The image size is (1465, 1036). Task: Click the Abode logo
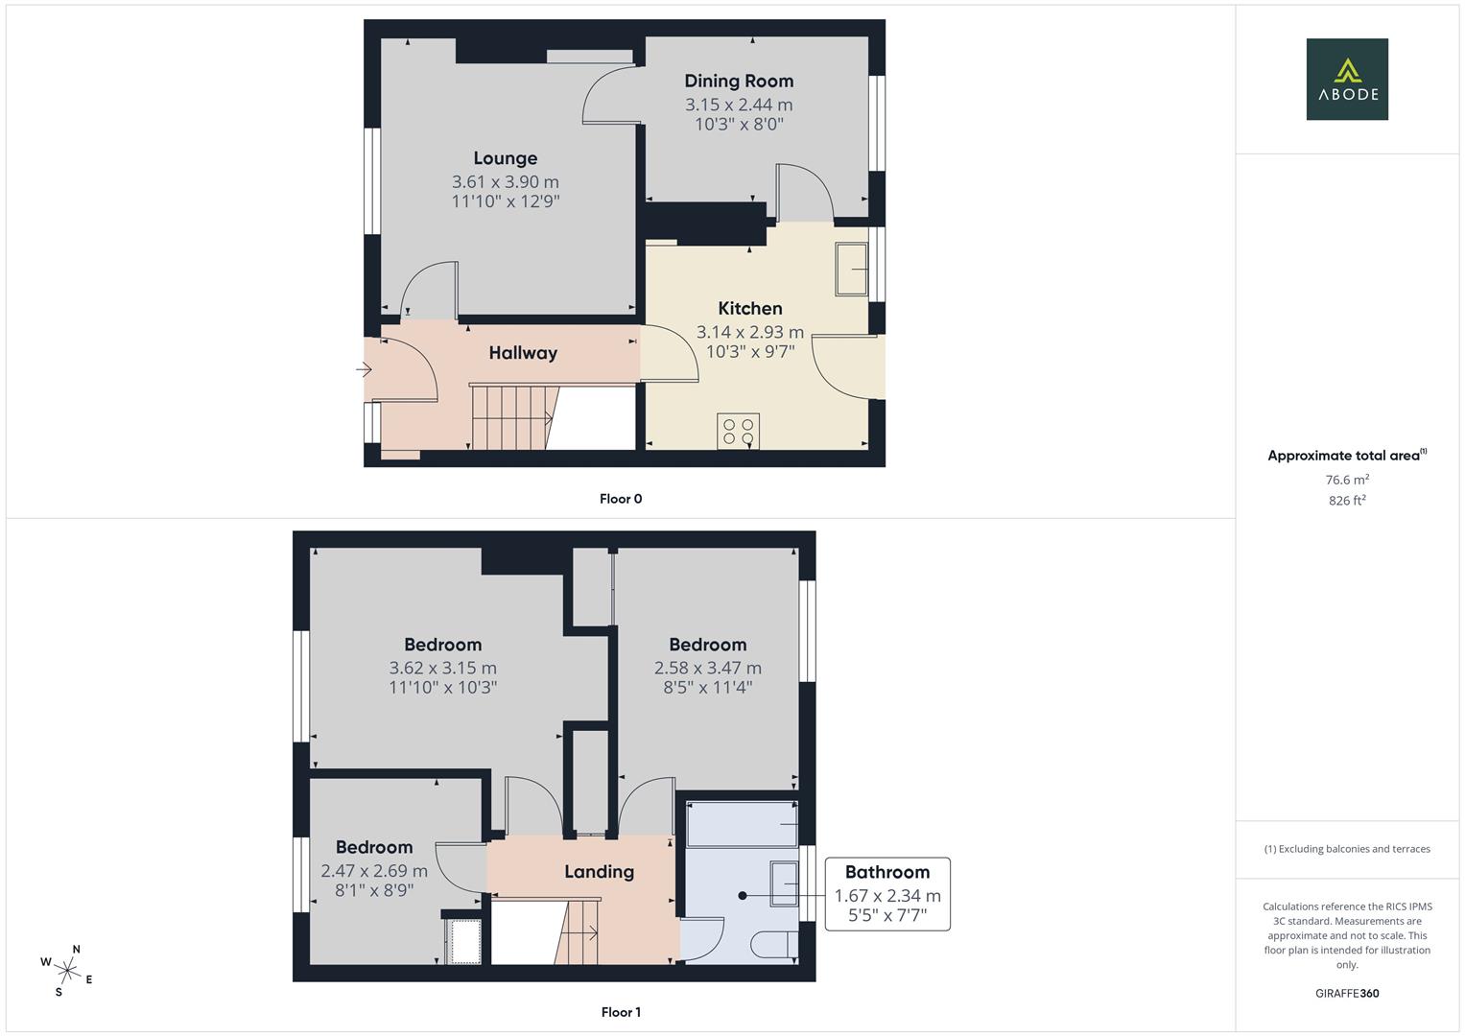pos(1346,80)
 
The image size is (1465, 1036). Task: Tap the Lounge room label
pos(505,158)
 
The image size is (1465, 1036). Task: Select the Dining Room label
pos(738,81)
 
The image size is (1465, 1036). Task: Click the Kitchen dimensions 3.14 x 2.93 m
pos(749,332)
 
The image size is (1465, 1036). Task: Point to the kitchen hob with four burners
pos(738,431)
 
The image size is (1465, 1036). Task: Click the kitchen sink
pos(851,270)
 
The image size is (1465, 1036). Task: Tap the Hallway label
pos(522,353)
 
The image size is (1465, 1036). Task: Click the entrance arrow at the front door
pos(364,369)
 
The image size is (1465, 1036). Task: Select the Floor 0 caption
pos(621,499)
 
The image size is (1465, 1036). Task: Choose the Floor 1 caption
pos(621,1012)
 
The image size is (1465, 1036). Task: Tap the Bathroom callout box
pos(886,894)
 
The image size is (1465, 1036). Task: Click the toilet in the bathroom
pos(775,946)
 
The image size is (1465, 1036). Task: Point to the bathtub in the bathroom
pos(742,824)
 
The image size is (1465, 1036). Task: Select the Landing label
pos(599,872)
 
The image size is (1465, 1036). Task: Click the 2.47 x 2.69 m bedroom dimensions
pos(374,871)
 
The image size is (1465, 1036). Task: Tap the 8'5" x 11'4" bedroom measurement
pos(707,687)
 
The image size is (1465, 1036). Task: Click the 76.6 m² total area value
pos(1346,480)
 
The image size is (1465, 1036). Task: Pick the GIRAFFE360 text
pos(1346,993)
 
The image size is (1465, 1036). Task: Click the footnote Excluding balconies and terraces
pos(1346,849)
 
